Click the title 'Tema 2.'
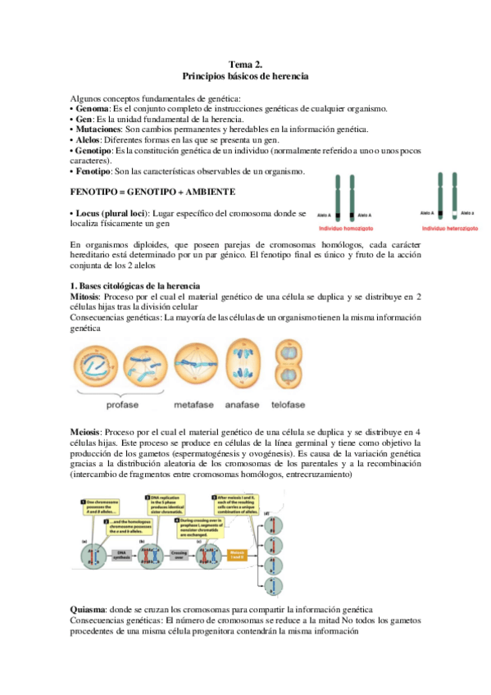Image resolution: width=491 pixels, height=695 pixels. click(245, 64)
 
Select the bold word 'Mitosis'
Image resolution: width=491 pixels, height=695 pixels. click(85, 297)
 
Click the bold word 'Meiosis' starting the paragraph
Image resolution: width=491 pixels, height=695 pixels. click(86, 432)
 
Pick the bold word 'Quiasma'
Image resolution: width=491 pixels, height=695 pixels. click(88, 611)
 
